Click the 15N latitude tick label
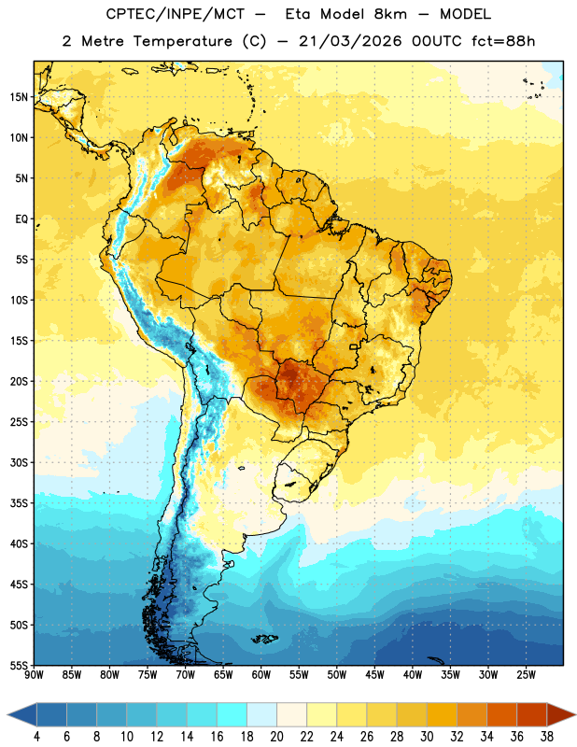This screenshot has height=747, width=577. click(x=19, y=97)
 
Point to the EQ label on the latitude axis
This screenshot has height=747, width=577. click(x=21, y=219)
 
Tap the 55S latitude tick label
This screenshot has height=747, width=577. click(x=19, y=666)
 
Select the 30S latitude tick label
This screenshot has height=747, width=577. click(x=19, y=462)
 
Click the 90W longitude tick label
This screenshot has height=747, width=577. click(x=34, y=675)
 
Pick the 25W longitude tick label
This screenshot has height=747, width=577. click(x=526, y=675)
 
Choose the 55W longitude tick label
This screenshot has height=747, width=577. click(x=299, y=675)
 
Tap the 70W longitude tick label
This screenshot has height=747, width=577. click(x=186, y=675)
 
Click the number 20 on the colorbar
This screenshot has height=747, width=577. click(x=276, y=737)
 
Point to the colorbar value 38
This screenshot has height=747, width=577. click(x=546, y=737)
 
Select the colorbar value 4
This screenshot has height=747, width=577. click(x=36, y=737)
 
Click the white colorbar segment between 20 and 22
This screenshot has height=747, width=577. click(x=291, y=714)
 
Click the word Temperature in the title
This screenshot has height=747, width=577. click(x=182, y=42)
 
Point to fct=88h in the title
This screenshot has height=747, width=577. click(x=503, y=41)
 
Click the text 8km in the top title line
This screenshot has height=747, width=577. click(x=390, y=14)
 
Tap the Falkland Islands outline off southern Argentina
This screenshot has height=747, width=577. click(x=264, y=639)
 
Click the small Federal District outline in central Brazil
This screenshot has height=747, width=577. click(x=354, y=346)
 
